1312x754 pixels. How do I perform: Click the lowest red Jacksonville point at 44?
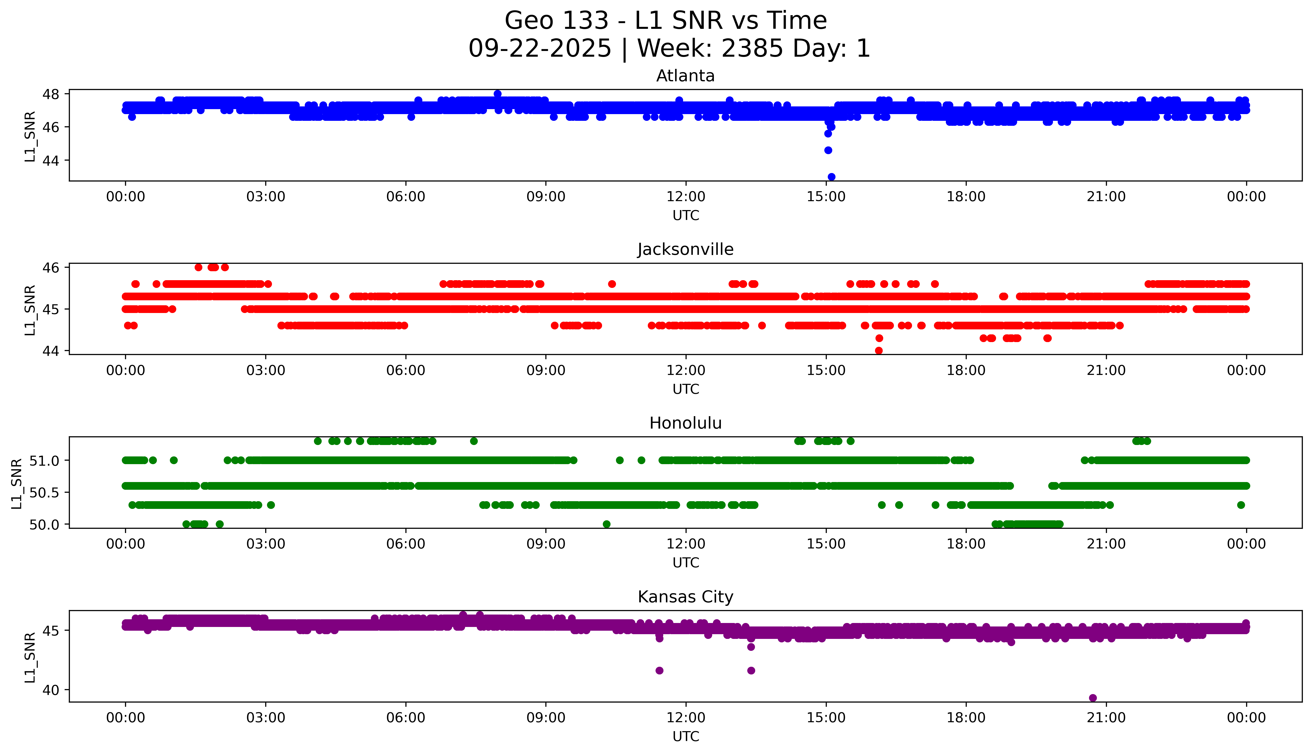coord(879,351)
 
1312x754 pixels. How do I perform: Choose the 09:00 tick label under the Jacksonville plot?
coord(546,370)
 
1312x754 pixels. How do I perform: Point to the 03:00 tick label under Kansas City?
coord(266,718)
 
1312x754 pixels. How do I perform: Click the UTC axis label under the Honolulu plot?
coord(686,562)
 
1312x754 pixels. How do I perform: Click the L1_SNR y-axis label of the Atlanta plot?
coord(30,136)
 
